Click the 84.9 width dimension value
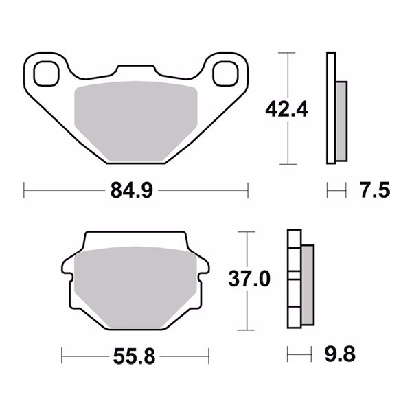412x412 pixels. point(132,190)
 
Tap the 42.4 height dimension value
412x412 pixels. point(286,110)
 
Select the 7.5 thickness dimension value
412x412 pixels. point(375,190)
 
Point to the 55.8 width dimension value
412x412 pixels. point(135,356)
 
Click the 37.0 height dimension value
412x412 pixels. point(249,279)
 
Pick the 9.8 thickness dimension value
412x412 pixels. point(340,354)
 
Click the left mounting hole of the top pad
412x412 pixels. point(46,73)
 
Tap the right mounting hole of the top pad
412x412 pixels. point(225,73)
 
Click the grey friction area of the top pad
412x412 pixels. point(136,121)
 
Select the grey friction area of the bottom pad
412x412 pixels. point(135,287)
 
